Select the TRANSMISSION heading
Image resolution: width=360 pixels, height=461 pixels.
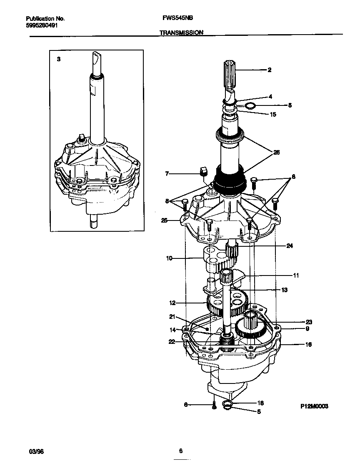click(181, 32)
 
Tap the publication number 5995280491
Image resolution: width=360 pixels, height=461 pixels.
click(42, 25)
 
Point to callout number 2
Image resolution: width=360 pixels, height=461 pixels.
click(270, 70)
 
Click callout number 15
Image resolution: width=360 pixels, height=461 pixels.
click(273, 114)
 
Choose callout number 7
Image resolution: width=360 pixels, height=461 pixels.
click(167, 173)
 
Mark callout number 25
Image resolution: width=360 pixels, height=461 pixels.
click(165, 220)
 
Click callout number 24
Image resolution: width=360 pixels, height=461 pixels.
click(290, 246)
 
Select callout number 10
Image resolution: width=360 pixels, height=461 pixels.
click(169, 258)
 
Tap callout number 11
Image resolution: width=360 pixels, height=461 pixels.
click(296, 276)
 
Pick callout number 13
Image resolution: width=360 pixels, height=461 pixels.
click(285, 290)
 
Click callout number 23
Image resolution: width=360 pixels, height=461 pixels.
click(309, 322)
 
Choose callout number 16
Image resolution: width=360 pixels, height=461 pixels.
click(309, 345)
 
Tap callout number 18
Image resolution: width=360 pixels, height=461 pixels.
click(260, 403)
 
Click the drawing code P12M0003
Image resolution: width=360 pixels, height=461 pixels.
click(315, 406)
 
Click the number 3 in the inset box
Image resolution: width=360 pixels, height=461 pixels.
click(59, 60)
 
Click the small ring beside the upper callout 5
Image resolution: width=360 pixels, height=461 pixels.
click(250, 106)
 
